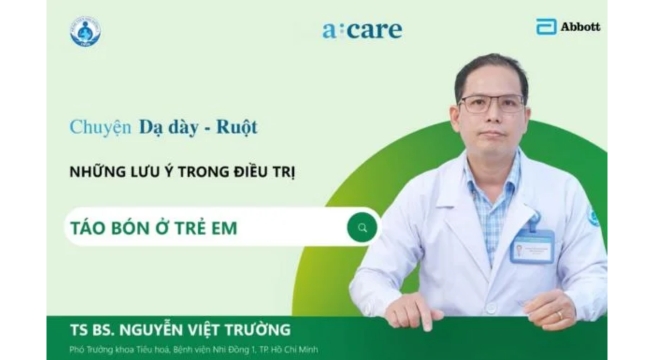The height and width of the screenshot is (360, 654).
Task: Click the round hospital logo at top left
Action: [85, 32]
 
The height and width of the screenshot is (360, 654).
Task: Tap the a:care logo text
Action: [361, 29]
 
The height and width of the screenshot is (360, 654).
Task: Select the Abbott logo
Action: [568, 26]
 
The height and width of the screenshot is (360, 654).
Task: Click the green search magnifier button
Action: [362, 228]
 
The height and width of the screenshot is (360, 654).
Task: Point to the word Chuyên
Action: [101, 128]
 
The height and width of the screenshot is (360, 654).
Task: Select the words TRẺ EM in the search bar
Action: [210, 229]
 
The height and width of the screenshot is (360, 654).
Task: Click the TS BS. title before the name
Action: [95, 329]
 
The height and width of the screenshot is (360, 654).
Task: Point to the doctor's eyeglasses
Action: [490, 103]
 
